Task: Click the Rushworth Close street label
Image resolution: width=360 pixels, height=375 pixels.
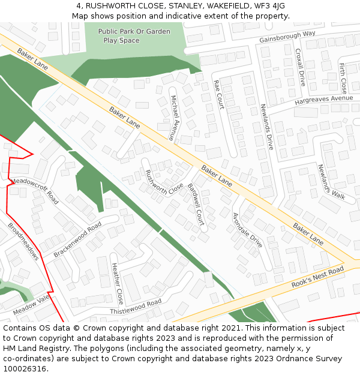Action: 164,182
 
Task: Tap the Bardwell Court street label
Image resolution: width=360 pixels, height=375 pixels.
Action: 196,205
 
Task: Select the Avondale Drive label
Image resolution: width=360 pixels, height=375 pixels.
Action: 247,230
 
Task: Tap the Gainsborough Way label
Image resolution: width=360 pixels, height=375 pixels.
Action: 287,37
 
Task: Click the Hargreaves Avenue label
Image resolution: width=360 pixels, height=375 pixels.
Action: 324,99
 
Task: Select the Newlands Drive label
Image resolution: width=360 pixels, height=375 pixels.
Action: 266,126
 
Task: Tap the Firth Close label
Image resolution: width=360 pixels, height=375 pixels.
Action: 343,74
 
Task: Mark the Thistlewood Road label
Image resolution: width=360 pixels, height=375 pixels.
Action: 136,307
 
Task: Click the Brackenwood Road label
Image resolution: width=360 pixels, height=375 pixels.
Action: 77,239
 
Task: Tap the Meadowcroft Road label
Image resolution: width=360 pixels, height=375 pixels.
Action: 35,190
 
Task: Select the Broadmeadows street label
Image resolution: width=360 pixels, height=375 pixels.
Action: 23,242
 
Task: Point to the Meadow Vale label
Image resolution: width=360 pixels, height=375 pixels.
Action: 31,304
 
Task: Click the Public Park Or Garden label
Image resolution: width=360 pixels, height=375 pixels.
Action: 134,31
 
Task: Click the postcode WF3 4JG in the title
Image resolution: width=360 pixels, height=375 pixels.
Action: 271,5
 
